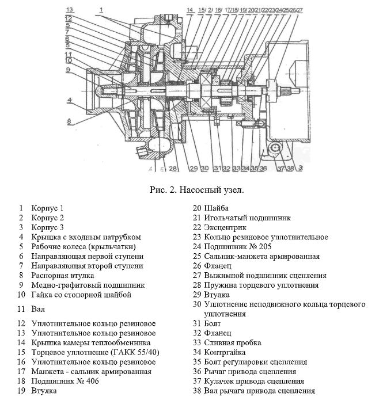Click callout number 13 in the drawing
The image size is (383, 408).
70,10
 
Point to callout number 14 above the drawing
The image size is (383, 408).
190,10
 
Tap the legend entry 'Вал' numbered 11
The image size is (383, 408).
38,309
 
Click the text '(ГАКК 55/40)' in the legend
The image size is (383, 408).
127,352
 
